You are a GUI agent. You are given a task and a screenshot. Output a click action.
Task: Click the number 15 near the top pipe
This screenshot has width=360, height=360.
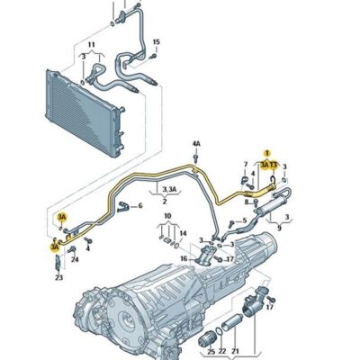156,42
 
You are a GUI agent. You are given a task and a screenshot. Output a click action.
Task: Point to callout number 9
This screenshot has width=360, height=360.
279,229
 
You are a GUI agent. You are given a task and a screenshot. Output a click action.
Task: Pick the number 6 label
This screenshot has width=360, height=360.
139,206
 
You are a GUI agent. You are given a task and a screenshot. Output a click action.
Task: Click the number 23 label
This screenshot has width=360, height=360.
58,277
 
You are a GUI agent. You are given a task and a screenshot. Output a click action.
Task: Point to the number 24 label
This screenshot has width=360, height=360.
75,260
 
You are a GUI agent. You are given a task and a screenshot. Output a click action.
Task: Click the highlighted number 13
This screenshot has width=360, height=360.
274,166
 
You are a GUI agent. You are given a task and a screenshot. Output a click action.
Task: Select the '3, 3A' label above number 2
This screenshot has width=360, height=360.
166,191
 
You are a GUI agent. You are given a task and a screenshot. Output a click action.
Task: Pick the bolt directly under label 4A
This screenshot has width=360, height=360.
195,159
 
